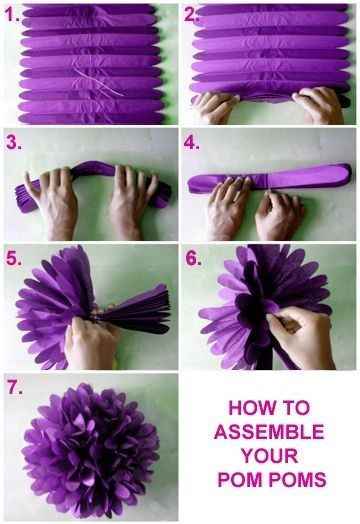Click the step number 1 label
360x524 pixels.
(12, 15)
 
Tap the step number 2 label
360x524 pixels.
(191, 15)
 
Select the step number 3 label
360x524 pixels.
(14, 142)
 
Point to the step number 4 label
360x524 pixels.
(191, 142)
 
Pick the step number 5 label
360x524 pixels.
(14, 259)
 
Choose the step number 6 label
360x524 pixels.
(193, 258)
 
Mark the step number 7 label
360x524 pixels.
(15, 388)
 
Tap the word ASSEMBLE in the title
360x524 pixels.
(269, 432)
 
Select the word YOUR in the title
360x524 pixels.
(270, 455)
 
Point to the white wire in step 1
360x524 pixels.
(98, 82)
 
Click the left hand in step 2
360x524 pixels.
(217, 108)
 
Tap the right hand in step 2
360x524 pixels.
(318, 105)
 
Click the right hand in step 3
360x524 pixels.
(131, 202)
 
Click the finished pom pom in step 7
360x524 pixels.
(90, 449)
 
